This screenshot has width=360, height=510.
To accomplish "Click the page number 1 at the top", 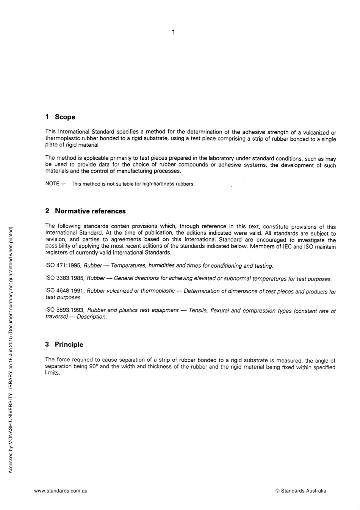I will [x=173, y=32].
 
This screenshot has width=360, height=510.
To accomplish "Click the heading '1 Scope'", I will [x=60, y=117].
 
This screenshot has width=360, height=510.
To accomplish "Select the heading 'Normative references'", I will [x=90, y=211].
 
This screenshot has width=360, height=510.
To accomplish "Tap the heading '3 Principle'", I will [x=64, y=344].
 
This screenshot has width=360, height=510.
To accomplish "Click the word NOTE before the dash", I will [x=52, y=184].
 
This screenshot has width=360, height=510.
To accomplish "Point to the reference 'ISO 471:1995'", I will [x=63, y=265].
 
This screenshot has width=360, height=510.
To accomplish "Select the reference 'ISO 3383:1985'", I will [x=64, y=278].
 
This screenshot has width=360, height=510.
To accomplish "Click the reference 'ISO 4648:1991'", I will [x=64, y=291].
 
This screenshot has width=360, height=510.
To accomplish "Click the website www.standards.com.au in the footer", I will [x=61, y=491].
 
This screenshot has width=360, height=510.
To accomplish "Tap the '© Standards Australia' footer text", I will [x=301, y=491].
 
